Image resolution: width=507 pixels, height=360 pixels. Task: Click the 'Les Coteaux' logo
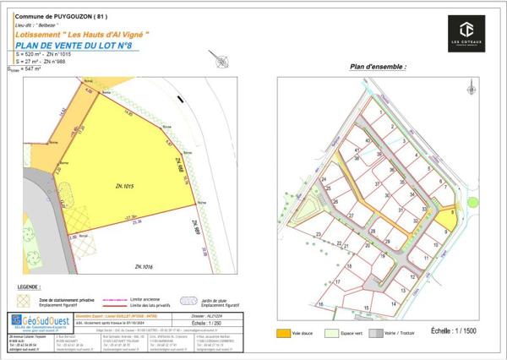tap(466, 31)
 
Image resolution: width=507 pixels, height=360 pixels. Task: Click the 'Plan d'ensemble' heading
tap(377, 66)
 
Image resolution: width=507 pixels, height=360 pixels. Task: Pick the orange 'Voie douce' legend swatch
tap(285, 334)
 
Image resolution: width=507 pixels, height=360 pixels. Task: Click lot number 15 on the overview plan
tap(366, 306)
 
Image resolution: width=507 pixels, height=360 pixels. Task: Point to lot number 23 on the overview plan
tap(318, 234)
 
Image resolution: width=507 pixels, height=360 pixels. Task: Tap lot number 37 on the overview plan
tap(377, 183)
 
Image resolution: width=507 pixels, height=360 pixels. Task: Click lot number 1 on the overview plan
tap(382, 111)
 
